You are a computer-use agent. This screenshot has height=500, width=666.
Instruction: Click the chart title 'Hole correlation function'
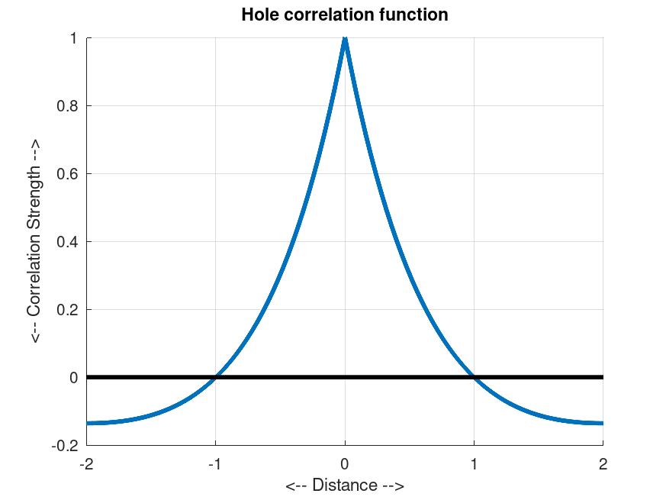point(344,15)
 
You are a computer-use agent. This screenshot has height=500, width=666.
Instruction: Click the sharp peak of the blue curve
point(345,39)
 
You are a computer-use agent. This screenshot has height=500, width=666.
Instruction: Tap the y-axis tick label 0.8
point(67,106)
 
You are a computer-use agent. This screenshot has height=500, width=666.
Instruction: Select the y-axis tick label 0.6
point(67,174)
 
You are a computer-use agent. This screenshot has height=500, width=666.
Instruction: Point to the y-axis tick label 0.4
point(67,242)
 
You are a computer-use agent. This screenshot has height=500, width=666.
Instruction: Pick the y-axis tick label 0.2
point(67,310)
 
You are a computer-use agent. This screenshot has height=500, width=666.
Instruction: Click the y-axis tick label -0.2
point(66,446)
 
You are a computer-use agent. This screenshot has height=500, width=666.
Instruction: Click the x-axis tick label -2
point(85,463)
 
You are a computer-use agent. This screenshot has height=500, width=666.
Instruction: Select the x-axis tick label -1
point(215,463)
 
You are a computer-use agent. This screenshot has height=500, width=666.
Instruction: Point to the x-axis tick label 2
point(603,463)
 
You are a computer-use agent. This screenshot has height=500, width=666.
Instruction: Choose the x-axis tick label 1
point(475,463)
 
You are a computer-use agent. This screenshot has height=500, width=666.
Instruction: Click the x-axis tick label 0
point(345,463)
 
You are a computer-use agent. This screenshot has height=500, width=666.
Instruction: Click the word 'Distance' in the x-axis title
point(345,485)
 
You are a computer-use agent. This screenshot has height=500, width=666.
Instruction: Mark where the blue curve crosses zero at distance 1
point(475,377)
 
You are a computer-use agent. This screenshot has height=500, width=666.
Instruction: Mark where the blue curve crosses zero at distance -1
point(216,377)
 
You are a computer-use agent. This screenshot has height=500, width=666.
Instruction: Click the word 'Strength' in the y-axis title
point(35,195)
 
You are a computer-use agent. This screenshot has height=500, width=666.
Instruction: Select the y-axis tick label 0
point(74,378)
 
